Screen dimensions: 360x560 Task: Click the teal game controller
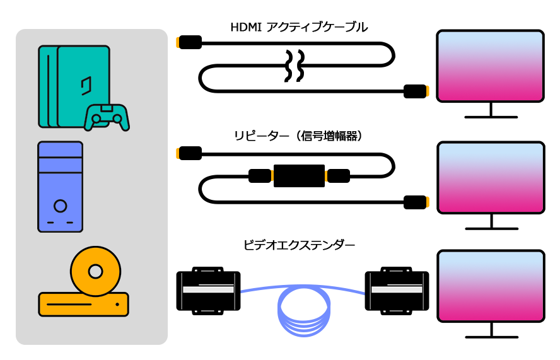tap(107, 118)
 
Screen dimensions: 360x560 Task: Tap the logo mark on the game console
tap(86, 85)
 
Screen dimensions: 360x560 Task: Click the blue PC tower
tap(60, 187)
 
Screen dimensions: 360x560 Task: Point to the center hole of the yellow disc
tap(95, 271)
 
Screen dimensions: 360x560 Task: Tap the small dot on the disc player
tap(117, 305)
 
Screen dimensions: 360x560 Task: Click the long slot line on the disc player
tap(69, 305)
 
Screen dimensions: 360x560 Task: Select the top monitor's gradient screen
tap(490, 66)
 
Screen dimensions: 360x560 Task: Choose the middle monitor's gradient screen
tap(491, 177)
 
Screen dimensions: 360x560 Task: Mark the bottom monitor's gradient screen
tap(491, 286)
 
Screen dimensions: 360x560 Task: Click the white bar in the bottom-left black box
tap(208, 289)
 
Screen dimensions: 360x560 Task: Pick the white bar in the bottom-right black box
tap(397, 289)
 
